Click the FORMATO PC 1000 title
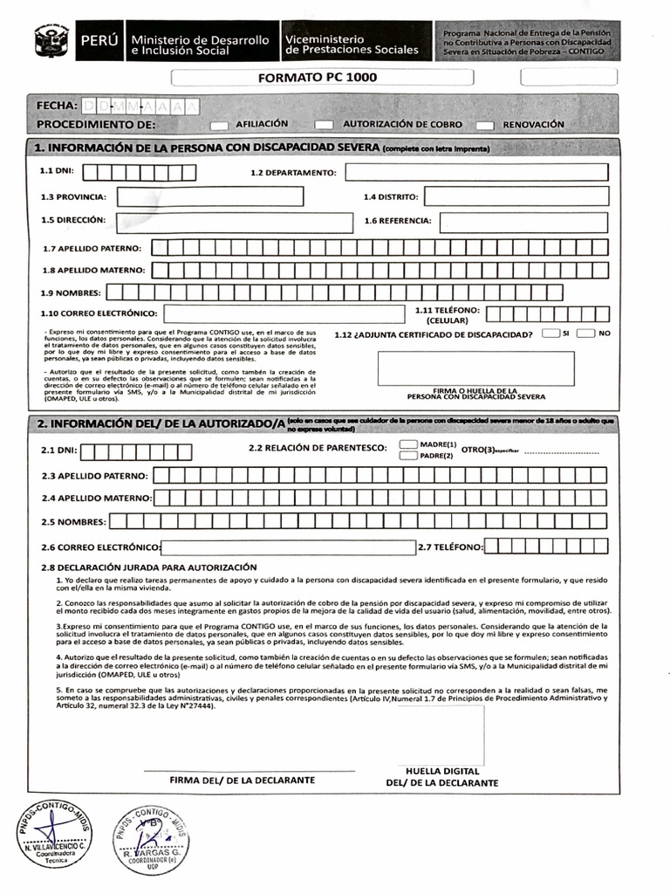pos(318,78)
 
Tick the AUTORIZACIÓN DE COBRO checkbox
pos(324,125)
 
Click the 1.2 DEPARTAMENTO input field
pos(475,172)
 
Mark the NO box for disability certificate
pos(585,334)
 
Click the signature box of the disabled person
pos(475,368)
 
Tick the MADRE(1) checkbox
pos(407,444)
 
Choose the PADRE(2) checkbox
pos(407,455)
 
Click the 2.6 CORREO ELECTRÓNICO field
pos(288,547)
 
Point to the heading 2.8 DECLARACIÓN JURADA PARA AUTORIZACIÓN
pos(149,567)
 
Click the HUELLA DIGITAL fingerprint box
pos(441,733)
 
